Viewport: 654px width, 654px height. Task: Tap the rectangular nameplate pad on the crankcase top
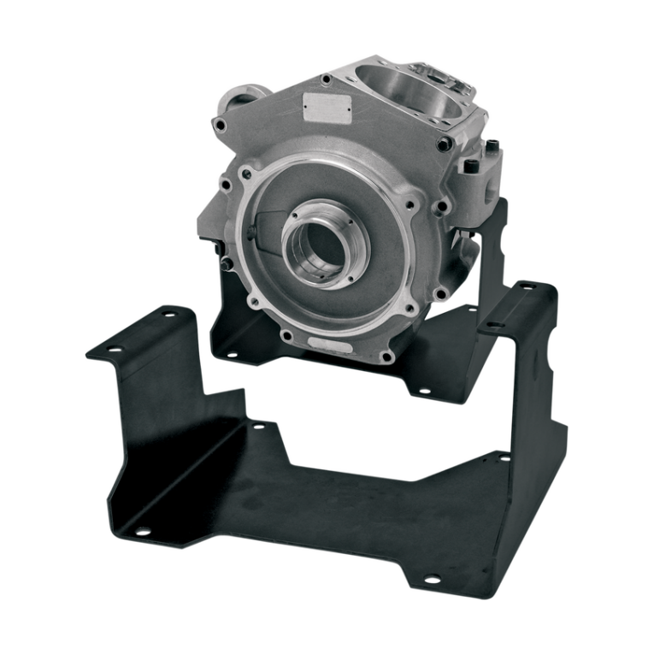point(327,108)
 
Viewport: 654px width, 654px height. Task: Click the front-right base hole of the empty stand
point(433,579)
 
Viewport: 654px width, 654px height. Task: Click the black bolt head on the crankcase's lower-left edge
point(220,249)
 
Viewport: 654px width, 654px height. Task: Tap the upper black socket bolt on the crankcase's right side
point(491,146)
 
